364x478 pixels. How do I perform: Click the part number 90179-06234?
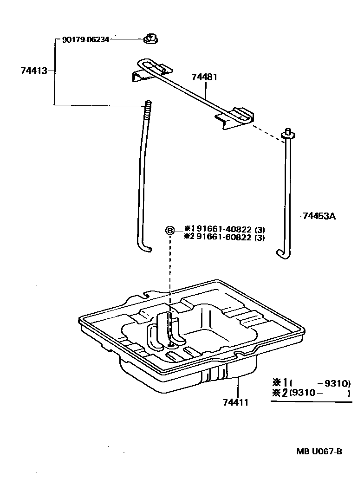click(85, 40)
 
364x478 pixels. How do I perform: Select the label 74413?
click(34, 71)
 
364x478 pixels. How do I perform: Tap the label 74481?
click(204, 77)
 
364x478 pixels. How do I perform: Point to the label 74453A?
click(319, 216)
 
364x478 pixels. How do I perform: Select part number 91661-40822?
click(224, 229)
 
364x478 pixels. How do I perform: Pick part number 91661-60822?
click(224, 238)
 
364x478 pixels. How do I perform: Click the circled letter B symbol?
click(170, 231)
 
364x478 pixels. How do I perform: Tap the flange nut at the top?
click(149, 39)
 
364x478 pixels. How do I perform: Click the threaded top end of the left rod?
click(148, 109)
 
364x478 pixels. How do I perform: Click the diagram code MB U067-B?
click(319, 452)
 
